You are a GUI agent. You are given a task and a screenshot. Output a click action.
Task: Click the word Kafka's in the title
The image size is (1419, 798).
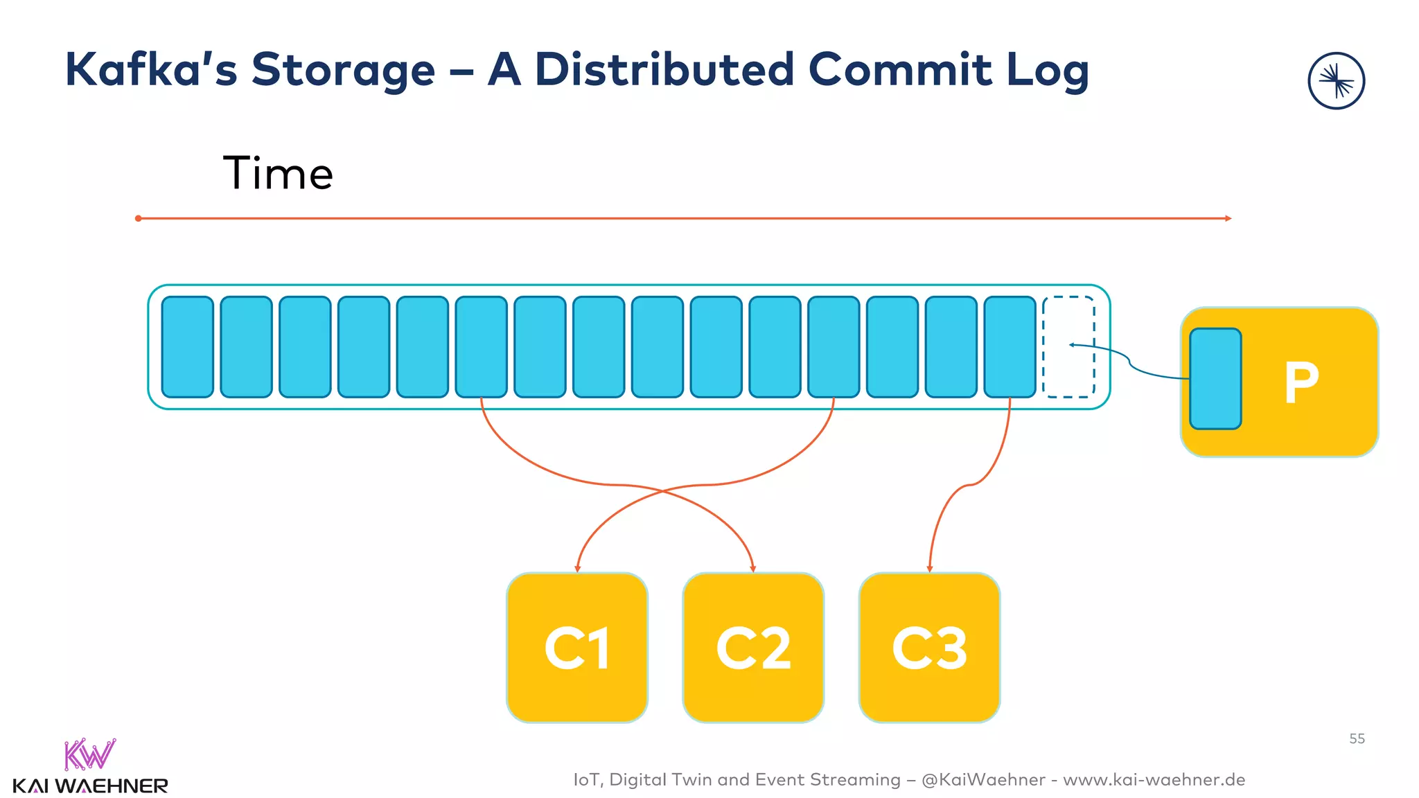pyautogui.click(x=150, y=70)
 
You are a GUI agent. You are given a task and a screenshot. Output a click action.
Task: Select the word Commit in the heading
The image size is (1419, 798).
pyautogui.click(x=900, y=70)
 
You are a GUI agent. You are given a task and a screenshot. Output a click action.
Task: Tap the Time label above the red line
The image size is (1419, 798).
pyautogui.click(x=278, y=173)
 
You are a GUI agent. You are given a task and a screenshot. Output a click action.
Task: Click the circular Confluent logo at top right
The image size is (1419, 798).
pyautogui.click(x=1336, y=81)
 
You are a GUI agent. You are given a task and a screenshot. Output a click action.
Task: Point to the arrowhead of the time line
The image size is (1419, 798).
pyautogui.click(x=1228, y=218)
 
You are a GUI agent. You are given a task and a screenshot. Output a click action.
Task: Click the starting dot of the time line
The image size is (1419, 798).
pyautogui.click(x=139, y=218)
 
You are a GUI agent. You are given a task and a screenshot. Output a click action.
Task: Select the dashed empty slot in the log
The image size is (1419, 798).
pyautogui.click(x=1068, y=346)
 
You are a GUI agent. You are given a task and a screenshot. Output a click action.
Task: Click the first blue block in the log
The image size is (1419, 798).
pyautogui.click(x=187, y=346)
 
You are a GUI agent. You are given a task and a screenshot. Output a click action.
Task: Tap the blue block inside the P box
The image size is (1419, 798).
pyautogui.click(x=1215, y=379)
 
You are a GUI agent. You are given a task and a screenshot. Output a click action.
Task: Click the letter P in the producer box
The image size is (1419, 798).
pyautogui.click(x=1301, y=382)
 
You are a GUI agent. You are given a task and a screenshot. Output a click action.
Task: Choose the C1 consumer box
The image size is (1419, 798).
pyautogui.click(x=576, y=648)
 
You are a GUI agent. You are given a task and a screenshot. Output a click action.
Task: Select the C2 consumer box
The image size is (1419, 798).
pyautogui.click(x=753, y=648)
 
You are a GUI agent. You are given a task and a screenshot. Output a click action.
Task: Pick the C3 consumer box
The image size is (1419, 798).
pyautogui.click(x=929, y=648)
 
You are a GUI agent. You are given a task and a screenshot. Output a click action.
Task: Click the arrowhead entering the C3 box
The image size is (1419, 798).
pyautogui.click(x=930, y=569)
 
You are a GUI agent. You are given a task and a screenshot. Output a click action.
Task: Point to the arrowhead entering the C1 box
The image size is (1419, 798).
pyautogui.click(x=577, y=569)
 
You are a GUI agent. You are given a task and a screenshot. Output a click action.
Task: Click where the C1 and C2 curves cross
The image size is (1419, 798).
pyautogui.click(x=663, y=491)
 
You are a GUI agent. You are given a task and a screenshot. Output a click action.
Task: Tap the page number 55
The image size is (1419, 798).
pyautogui.click(x=1357, y=739)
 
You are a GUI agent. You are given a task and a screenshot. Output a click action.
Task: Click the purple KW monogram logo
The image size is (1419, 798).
pyautogui.click(x=89, y=755)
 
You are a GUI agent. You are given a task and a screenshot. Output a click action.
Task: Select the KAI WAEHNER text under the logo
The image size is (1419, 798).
pyautogui.click(x=90, y=786)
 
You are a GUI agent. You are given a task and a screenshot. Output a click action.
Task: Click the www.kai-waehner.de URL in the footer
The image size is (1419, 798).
pyautogui.click(x=1154, y=780)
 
